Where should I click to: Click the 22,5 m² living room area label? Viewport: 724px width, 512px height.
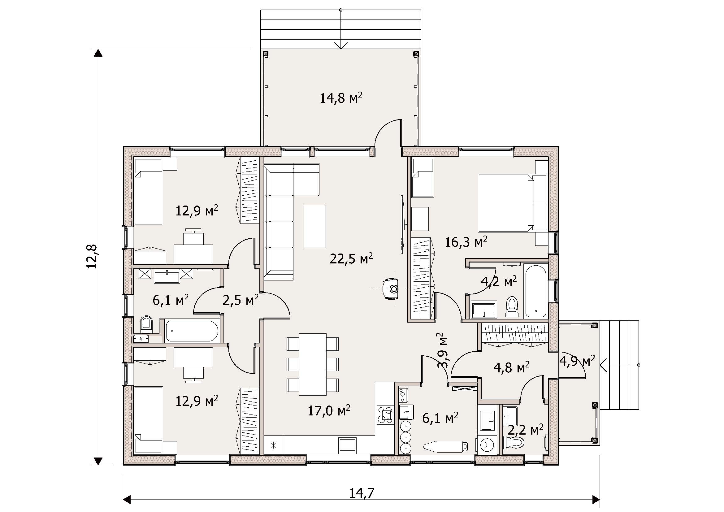[351, 258]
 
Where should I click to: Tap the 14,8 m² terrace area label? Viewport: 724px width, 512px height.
[341, 98]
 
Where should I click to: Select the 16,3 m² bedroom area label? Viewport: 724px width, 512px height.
[466, 241]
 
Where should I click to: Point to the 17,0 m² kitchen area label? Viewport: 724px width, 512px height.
[329, 410]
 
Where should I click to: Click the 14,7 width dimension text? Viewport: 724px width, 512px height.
[362, 493]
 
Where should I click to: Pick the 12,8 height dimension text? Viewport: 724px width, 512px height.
[92, 256]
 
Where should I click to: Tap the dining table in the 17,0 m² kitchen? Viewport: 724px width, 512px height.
[313, 364]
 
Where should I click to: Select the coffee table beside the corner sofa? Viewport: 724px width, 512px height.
[315, 226]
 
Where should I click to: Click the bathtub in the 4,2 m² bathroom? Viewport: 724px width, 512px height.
[536, 291]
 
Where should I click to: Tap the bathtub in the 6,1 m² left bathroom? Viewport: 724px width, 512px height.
[192, 331]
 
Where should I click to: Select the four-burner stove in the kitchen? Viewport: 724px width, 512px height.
[385, 415]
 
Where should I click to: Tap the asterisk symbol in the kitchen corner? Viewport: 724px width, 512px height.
[273, 445]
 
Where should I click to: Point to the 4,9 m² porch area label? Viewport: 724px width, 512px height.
[577, 361]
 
